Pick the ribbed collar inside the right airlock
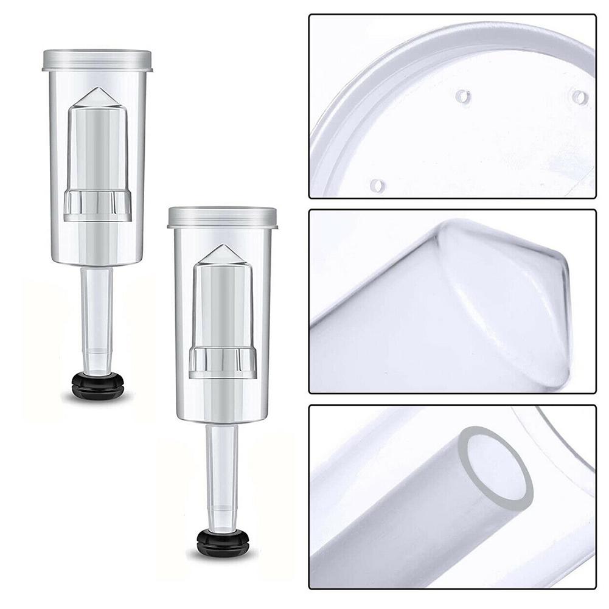[x=221, y=363]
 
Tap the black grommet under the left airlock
[x=97, y=384]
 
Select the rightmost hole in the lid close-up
[x=580, y=97]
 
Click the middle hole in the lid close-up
[x=463, y=96]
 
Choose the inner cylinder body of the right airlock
[x=221, y=304]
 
